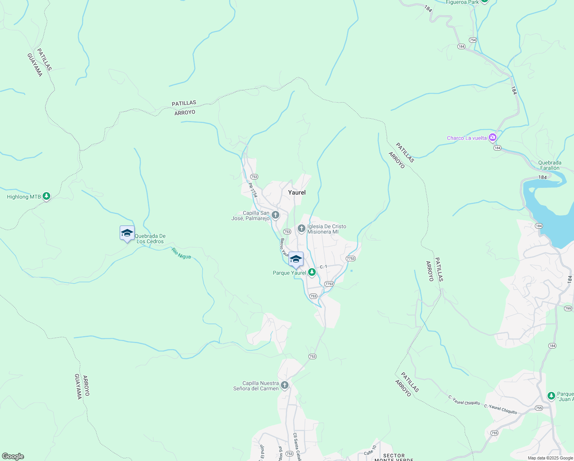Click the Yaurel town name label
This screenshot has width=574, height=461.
tap(297, 192)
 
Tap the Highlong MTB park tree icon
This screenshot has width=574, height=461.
tap(46, 196)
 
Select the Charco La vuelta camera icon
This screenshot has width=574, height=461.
tap(493, 138)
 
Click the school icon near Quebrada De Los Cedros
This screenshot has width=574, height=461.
tap(127, 233)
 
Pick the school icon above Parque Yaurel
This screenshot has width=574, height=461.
tap(296, 259)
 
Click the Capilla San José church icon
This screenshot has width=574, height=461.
tap(275, 215)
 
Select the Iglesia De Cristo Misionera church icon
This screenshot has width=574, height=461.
tap(302, 229)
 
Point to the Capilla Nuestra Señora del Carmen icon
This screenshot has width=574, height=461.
tap(284, 385)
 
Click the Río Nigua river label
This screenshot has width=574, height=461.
tap(181, 254)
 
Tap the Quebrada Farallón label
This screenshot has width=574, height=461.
tap(549, 165)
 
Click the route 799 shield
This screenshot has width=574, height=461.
tap(568, 308)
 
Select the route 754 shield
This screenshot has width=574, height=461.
tap(473, 40)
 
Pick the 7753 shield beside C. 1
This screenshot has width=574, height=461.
tap(350, 259)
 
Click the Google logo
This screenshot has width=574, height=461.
tap(13, 456)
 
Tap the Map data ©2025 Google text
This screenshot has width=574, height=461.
tap(550, 458)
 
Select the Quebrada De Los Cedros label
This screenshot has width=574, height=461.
tap(150, 239)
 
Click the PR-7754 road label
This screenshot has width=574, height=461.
tap(252, 190)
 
